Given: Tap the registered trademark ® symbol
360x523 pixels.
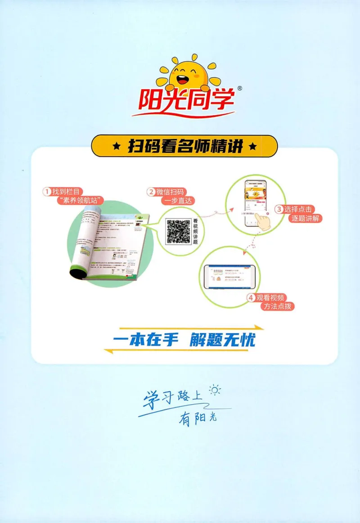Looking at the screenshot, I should coord(239,89).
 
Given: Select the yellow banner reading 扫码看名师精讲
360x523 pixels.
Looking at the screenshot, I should coord(184,146).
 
